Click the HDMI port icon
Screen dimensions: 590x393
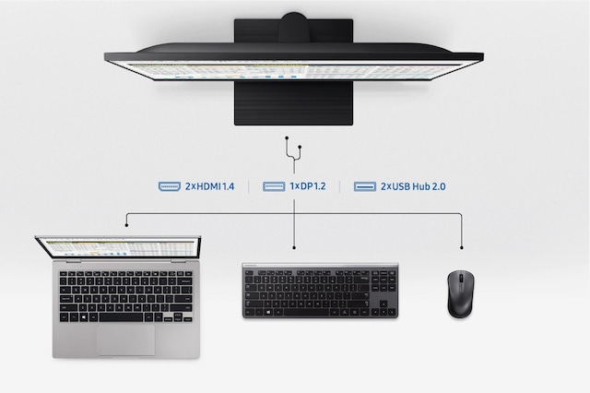coord(170,186)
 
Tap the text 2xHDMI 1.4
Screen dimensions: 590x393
coord(209,186)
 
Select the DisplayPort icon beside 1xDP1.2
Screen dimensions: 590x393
coord(274,186)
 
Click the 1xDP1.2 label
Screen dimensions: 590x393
coord(308,186)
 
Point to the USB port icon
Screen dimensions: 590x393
coord(365,186)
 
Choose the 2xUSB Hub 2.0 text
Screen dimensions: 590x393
coord(413,186)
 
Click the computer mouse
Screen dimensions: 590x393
coord(461,293)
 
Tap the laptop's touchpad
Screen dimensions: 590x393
coord(126,340)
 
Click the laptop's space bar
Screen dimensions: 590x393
coord(121,317)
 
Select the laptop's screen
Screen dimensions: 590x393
coord(118,248)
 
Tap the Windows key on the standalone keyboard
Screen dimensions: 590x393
coord(268,313)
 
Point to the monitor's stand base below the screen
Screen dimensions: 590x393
coord(293,103)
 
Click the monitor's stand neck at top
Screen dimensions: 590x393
coord(293,29)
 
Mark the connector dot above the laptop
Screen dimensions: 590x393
coord(127,225)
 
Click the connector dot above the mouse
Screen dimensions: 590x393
coord(462,247)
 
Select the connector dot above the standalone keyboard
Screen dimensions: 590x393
coord(294,247)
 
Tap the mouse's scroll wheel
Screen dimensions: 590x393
coord(461,279)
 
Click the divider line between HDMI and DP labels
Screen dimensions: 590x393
coord(249,186)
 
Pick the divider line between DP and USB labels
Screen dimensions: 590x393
coord(340,186)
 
